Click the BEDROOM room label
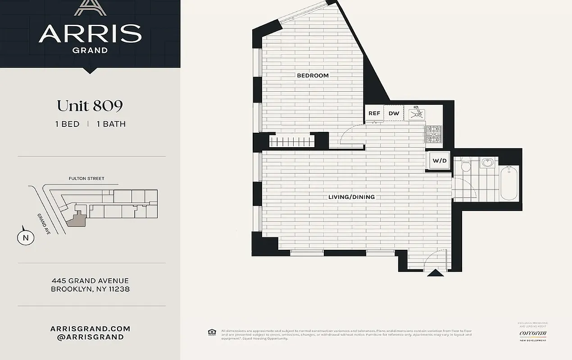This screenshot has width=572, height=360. click(x=313, y=76)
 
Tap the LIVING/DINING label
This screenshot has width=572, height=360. click(x=351, y=197)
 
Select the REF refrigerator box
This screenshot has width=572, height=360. click(x=374, y=113)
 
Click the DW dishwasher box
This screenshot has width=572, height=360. click(x=394, y=113)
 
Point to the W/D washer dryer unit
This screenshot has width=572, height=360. click(x=439, y=160)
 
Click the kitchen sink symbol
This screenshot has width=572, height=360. click(x=417, y=113)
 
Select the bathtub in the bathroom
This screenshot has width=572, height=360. click(x=510, y=183)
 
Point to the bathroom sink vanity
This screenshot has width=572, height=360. click(x=488, y=162)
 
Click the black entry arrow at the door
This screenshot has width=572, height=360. click(x=435, y=273)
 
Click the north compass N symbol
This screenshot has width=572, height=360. click(x=26, y=238)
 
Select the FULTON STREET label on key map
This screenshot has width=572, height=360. click(x=86, y=179)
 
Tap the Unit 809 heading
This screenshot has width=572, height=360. click(x=90, y=106)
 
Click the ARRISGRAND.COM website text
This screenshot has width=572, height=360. click(x=90, y=329)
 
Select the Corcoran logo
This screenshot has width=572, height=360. click(x=533, y=333)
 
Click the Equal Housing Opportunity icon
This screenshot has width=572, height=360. click(x=212, y=333)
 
